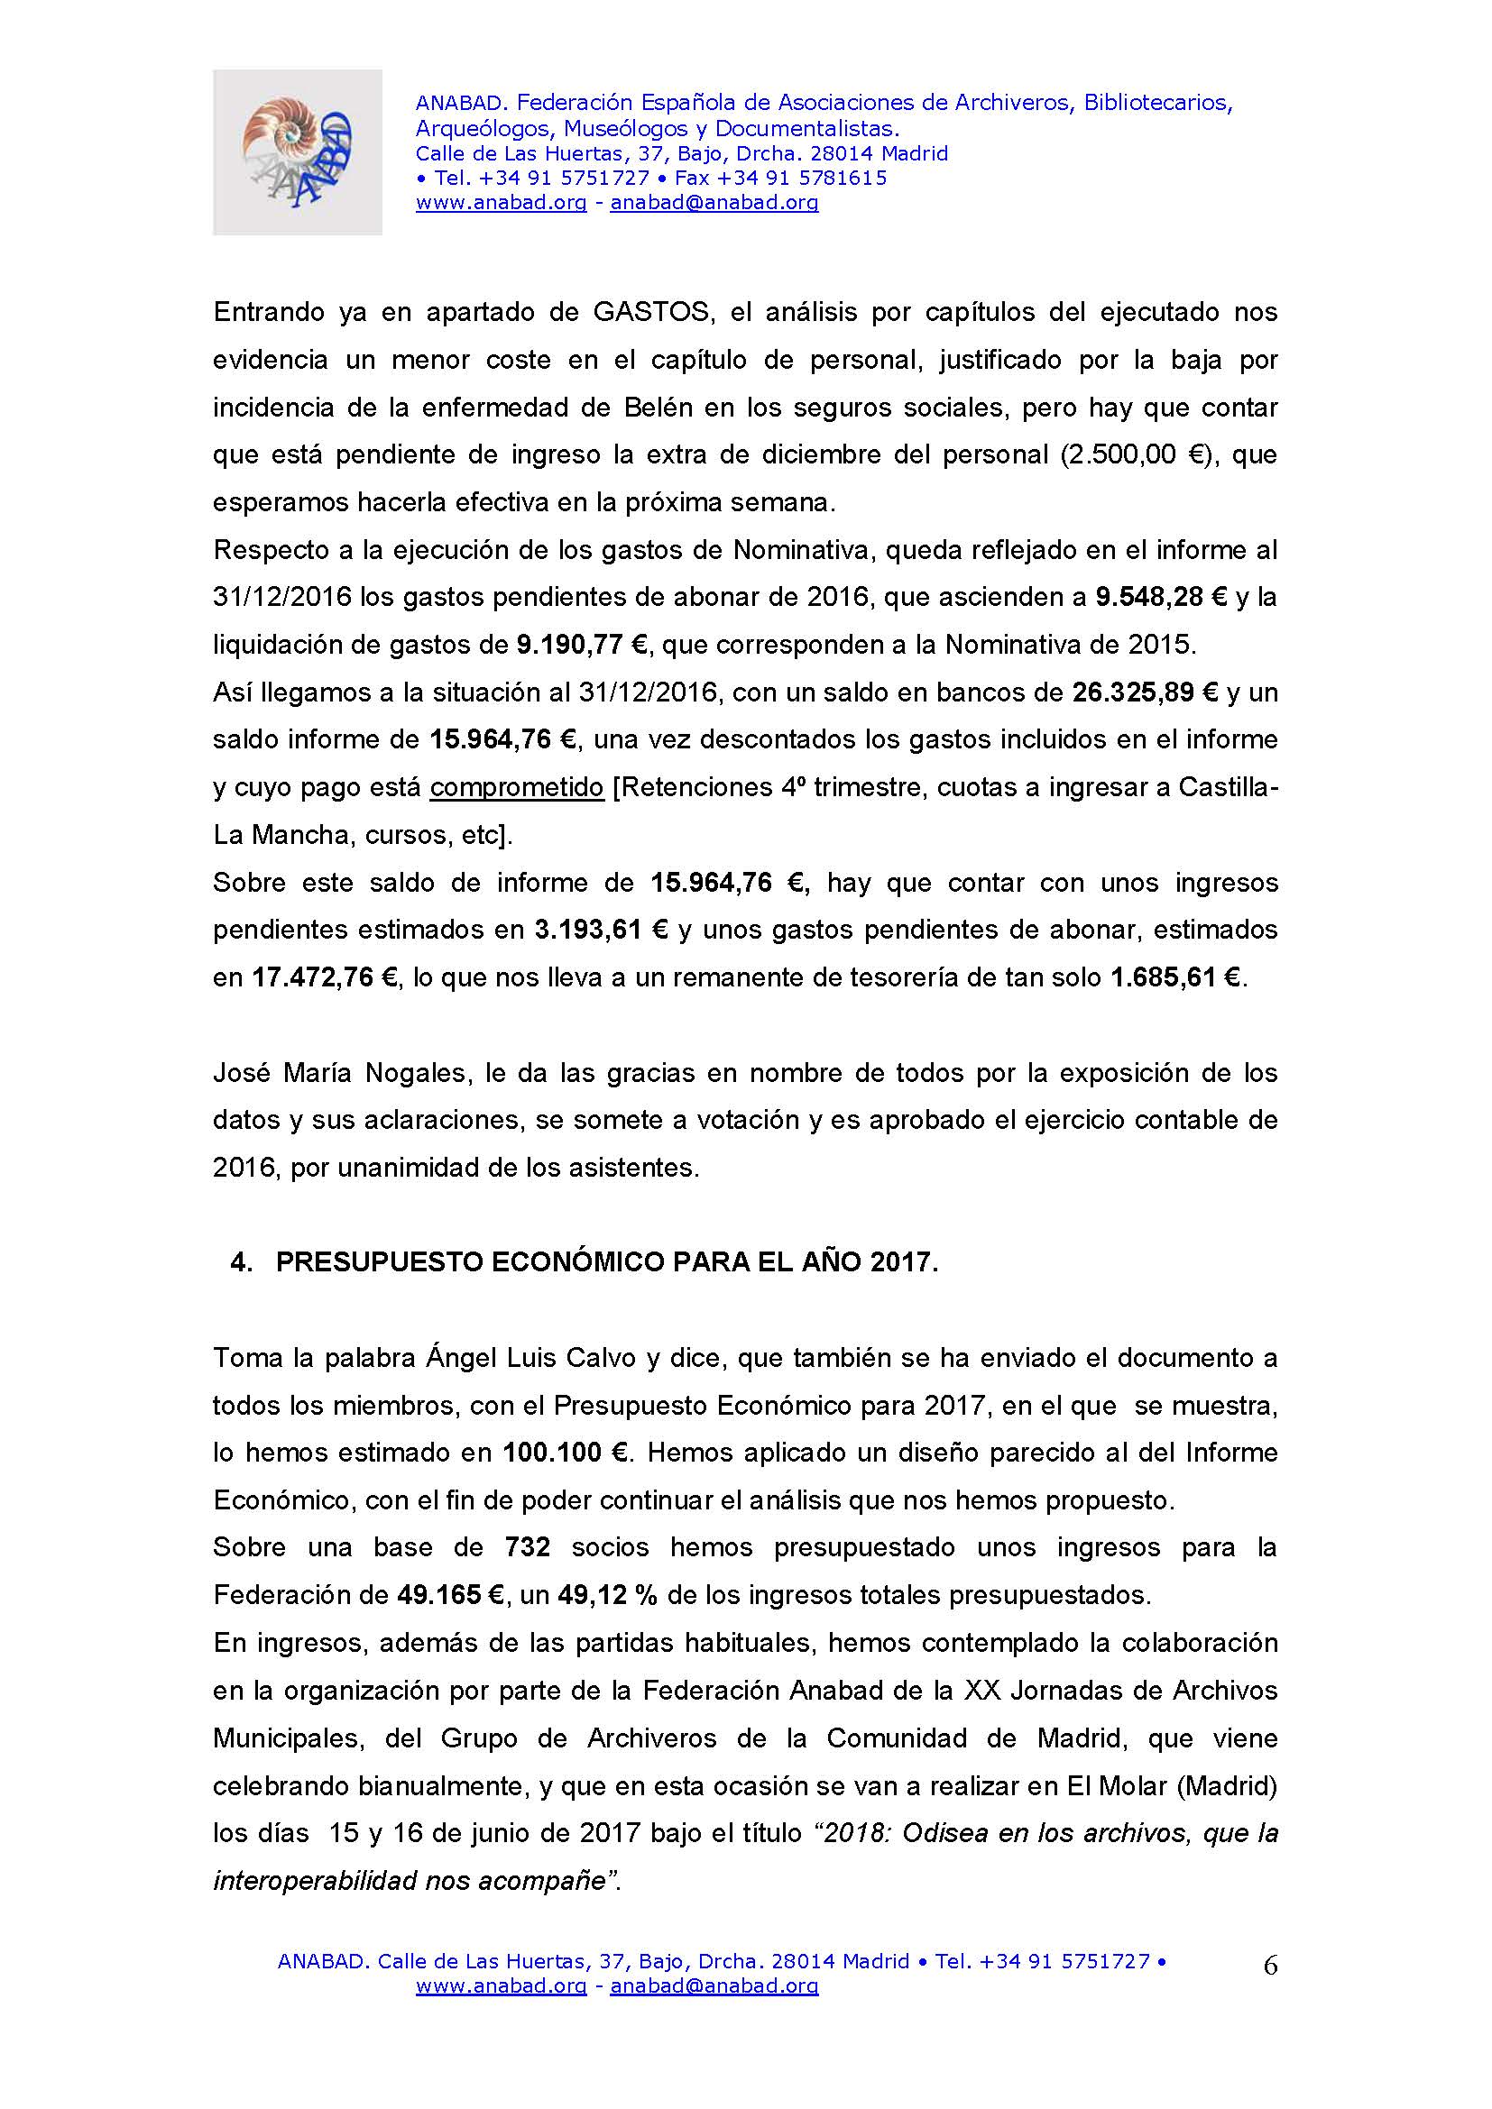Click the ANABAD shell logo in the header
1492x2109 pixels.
pyautogui.click(x=297, y=152)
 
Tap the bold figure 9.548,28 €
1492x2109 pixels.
pyautogui.click(x=1161, y=597)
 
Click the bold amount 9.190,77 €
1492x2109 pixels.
pyautogui.click(x=583, y=645)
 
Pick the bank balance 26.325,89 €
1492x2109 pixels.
pyautogui.click(x=1145, y=692)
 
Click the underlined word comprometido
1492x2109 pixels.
pyautogui.click(x=516, y=787)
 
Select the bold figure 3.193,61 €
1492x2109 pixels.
pyautogui.click(x=601, y=930)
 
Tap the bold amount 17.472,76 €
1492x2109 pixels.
pyautogui.click(x=326, y=977)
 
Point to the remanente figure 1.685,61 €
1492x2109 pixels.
pyautogui.click(x=1176, y=977)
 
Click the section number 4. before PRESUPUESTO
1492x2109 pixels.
pyautogui.click(x=241, y=1262)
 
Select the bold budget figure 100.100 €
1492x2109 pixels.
pyautogui.click(x=565, y=1453)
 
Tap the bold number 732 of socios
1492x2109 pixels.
pyautogui.click(x=528, y=1548)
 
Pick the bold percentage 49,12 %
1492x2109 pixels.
pyautogui.click(x=607, y=1595)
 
